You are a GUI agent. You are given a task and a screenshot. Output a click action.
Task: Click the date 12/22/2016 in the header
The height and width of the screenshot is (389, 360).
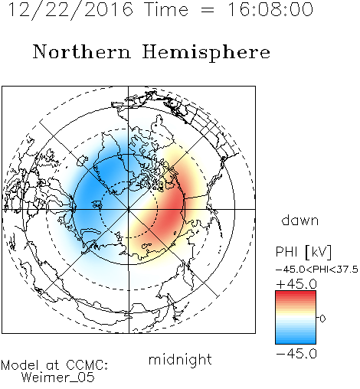[x=70, y=9]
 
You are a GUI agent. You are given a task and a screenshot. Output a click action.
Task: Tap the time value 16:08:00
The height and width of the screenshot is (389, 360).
[x=270, y=9]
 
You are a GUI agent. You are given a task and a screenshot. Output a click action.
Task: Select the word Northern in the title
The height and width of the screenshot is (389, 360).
[x=82, y=52]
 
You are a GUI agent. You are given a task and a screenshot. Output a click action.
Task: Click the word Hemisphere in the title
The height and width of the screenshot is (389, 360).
[x=206, y=53]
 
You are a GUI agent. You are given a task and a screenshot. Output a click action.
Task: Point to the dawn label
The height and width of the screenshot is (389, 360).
[x=300, y=221]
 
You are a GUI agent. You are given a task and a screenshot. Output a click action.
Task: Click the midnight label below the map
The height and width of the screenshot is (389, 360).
[x=180, y=360]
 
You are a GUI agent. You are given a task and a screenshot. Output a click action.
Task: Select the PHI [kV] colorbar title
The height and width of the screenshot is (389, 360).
[x=303, y=252]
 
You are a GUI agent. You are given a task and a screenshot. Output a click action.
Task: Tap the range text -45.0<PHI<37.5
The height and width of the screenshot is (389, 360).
[x=317, y=270]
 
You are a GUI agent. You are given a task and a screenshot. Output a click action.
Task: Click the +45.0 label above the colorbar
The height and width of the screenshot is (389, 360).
[x=296, y=284]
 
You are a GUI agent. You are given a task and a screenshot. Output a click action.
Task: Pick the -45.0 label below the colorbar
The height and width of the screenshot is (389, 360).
[x=296, y=354]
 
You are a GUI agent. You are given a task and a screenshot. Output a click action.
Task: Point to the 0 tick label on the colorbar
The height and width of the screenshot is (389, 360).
[x=322, y=319]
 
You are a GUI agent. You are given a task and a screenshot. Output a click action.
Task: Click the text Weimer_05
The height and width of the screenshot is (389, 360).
[x=58, y=377]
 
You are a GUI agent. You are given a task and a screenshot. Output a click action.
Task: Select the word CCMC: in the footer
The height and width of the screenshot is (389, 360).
[x=87, y=365]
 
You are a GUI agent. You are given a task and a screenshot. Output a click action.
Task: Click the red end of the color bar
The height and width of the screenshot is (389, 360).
[x=296, y=293]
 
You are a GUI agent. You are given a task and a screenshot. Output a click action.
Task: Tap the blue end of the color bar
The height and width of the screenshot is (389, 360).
[x=296, y=342]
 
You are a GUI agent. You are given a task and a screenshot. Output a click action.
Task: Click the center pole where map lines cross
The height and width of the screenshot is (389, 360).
[x=129, y=209]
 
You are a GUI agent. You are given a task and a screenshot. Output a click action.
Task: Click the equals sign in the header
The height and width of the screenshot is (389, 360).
[x=208, y=10]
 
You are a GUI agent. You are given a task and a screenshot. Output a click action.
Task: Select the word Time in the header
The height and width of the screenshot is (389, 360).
[x=166, y=9]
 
